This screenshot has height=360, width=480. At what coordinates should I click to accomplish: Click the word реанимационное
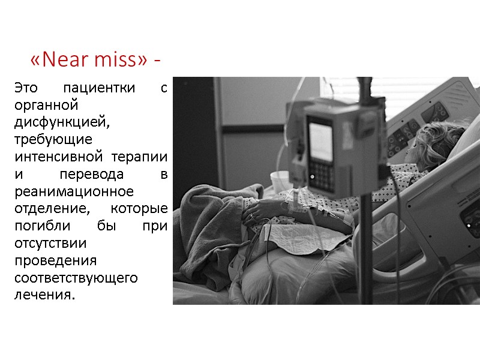(73, 192)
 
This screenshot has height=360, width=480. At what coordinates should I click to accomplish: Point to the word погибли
(40, 227)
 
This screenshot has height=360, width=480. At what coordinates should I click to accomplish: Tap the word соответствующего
(76, 278)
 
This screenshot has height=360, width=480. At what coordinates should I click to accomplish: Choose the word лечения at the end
(44, 296)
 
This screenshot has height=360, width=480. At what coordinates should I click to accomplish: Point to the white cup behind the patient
(279, 181)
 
